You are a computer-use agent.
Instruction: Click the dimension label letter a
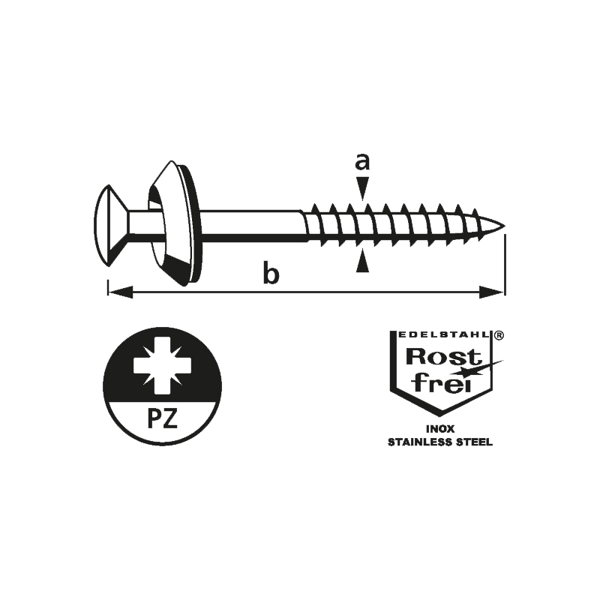coord(362,161)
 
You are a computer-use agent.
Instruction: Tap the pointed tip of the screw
coord(503,225)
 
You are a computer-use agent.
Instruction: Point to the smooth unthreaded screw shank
coord(250,226)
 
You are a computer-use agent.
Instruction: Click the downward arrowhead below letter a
coord(362,188)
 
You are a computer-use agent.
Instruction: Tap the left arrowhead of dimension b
coord(121,292)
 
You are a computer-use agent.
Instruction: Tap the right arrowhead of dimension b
coord(492,292)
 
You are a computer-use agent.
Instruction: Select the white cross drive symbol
coord(157,365)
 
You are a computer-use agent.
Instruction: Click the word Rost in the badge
coord(443,358)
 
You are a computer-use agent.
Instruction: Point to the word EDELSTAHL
coord(443,334)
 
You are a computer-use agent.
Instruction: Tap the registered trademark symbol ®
coord(499,335)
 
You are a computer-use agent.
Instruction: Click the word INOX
coord(440,429)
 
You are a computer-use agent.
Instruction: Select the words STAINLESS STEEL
coord(440,442)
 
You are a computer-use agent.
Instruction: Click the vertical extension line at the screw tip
coord(505,265)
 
